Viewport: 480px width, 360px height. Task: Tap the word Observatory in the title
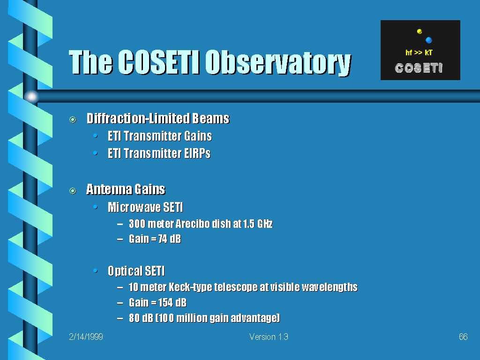tap(278, 63)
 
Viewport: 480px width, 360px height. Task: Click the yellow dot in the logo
tap(420, 31)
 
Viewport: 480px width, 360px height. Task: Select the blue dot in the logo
tap(428, 40)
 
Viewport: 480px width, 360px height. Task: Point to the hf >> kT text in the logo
tap(419, 52)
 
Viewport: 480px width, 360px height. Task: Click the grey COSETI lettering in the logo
tap(419, 68)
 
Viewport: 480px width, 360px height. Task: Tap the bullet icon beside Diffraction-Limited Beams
tap(73, 120)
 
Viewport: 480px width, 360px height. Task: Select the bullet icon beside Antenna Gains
tap(73, 191)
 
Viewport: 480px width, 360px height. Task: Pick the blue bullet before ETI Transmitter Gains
tap(96, 135)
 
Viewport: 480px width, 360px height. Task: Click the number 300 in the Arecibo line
tap(137, 224)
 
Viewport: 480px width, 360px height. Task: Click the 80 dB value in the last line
tap(140, 318)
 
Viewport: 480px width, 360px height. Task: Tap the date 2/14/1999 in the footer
tap(86, 337)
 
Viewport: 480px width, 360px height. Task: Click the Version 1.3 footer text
tap(269, 337)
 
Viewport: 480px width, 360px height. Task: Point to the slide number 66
tap(463, 337)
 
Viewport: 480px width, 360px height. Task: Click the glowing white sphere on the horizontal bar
tap(31, 97)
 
